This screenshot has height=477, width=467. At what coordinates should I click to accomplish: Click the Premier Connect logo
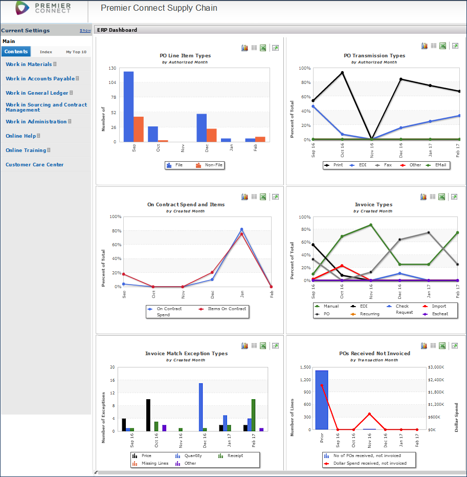click(x=43, y=8)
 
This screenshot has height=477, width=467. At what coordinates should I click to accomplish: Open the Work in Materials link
click(x=29, y=64)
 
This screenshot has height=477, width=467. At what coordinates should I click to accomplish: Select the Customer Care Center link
click(x=34, y=165)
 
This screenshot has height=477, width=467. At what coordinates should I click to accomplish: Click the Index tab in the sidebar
click(x=46, y=52)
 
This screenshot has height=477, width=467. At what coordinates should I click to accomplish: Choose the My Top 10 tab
click(x=76, y=52)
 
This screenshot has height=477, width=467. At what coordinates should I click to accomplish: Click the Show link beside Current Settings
click(x=85, y=31)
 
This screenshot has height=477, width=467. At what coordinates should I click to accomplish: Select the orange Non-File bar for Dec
click(x=211, y=135)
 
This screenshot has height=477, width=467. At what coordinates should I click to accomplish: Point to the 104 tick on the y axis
click(x=113, y=82)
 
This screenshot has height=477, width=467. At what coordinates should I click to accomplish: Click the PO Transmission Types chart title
click(x=374, y=56)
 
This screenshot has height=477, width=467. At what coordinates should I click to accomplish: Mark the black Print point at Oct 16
click(x=342, y=73)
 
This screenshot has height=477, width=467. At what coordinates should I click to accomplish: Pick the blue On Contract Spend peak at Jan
click(x=241, y=229)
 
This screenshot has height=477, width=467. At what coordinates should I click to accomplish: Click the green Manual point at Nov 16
click(x=371, y=225)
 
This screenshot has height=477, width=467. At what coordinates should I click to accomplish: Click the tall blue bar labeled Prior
click(x=322, y=400)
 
